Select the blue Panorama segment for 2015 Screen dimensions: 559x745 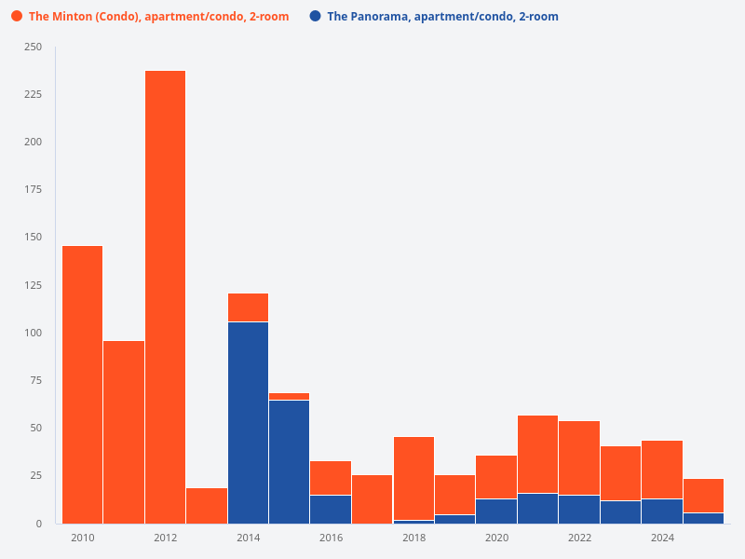tap(289, 461)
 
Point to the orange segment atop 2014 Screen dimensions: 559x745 tap(248, 307)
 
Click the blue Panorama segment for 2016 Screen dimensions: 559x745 tap(331, 509)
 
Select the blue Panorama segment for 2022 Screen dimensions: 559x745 tap(578, 509)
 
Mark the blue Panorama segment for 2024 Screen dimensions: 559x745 tap(661, 511)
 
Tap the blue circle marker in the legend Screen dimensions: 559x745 tap(315, 17)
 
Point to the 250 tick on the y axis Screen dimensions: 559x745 tap(33, 47)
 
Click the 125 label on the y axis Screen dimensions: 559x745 tap(33, 285)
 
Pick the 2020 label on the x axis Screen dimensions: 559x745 tap(496, 538)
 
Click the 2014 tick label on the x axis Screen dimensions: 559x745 tap(248, 538)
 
